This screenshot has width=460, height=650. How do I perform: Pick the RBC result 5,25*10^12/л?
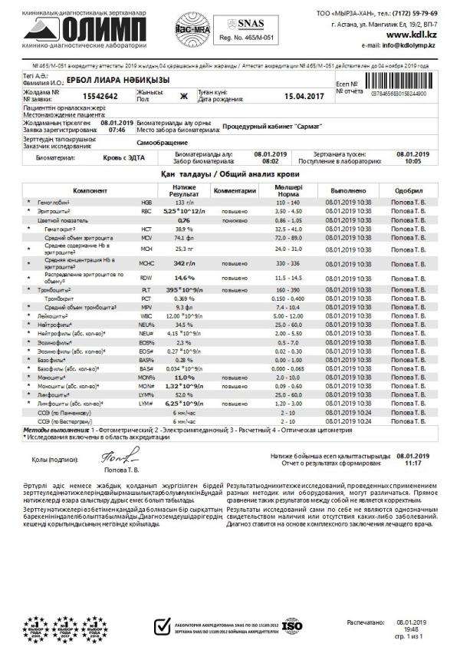pos(184,210)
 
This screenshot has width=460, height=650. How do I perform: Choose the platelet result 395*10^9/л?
pos(184,289)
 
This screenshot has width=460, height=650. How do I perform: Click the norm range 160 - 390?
pos(283,289)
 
